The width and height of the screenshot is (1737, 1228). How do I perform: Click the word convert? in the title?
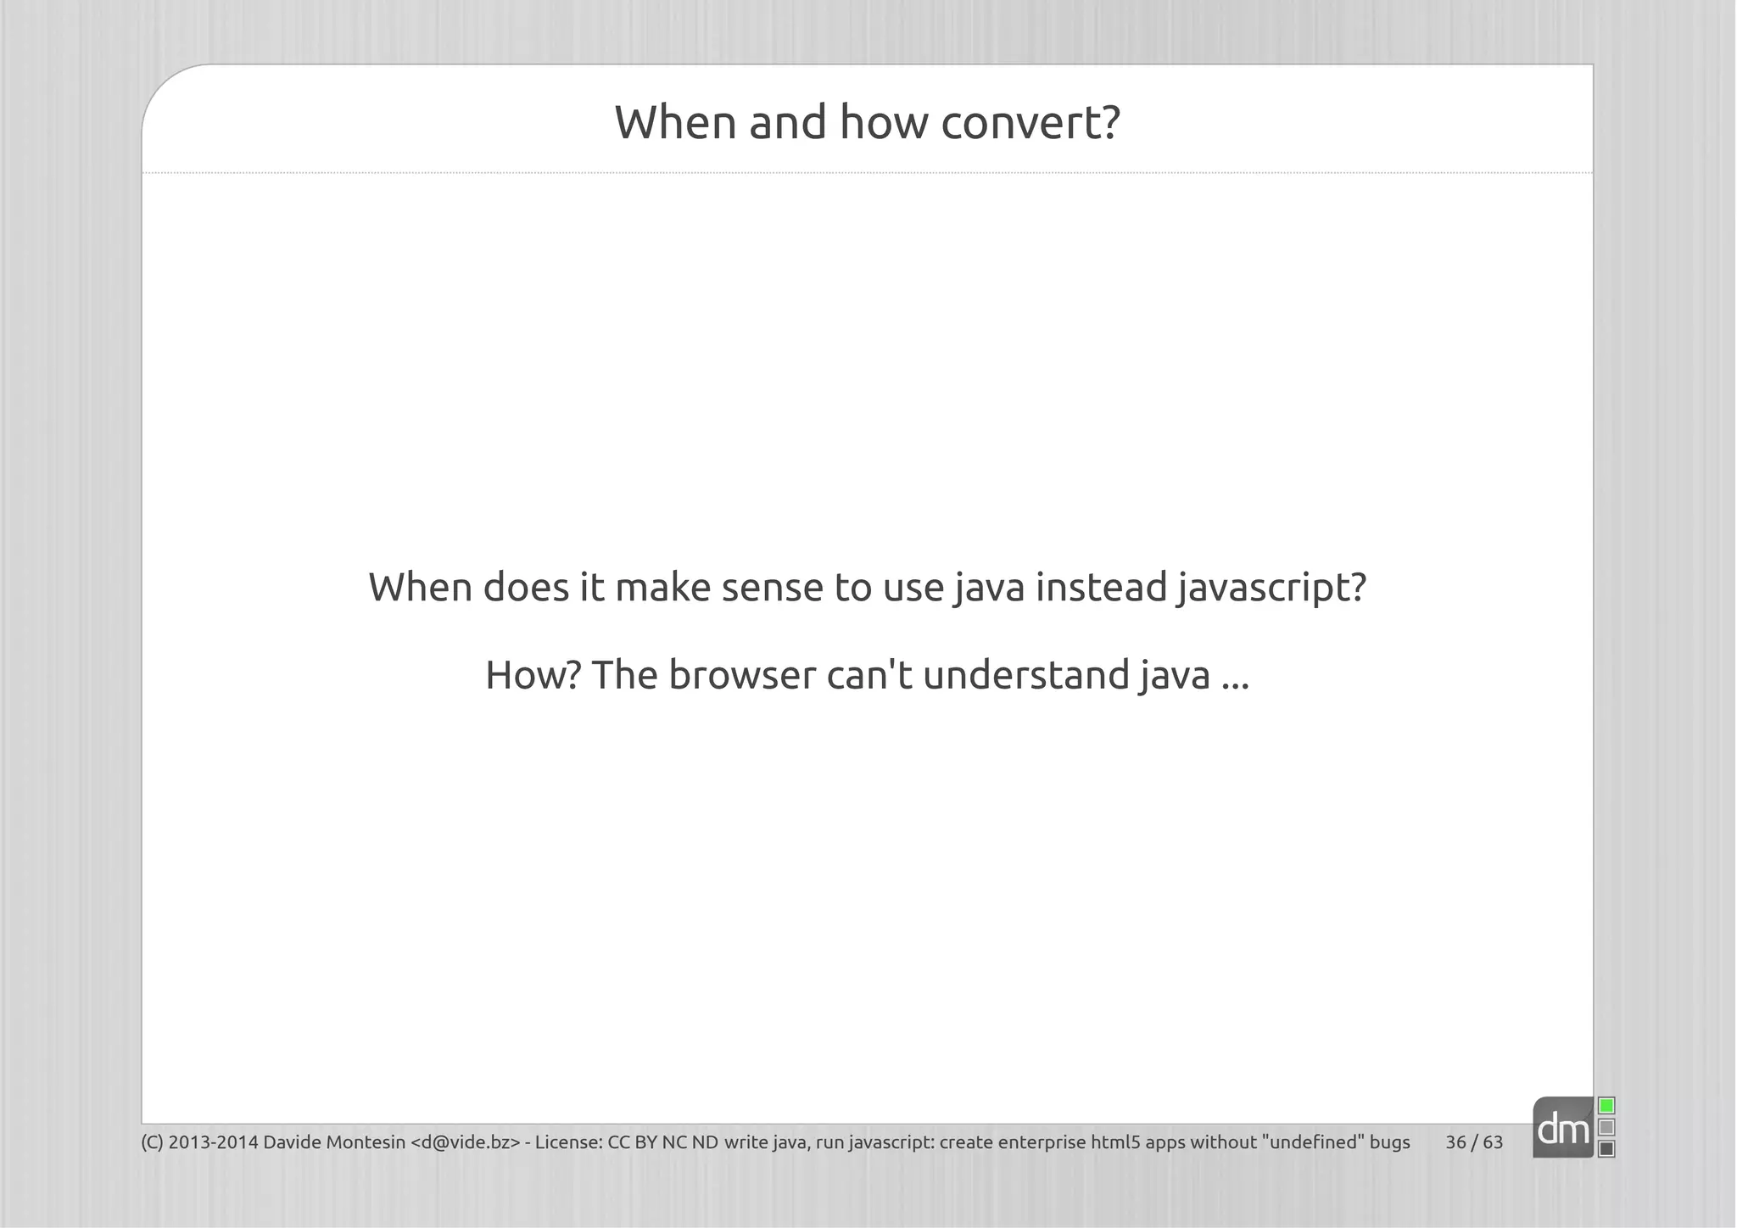coord(1030,123)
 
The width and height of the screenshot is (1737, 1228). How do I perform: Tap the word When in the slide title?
coord(675,123)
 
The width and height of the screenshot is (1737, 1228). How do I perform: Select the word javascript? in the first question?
coord(1271,588)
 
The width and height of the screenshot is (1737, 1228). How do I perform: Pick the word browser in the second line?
coord(741,675)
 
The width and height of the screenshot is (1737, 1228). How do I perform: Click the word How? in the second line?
coord(533,675)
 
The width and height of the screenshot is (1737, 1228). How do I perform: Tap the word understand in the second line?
coord(1026,675)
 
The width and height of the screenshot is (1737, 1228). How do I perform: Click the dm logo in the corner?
coord(1563,1129)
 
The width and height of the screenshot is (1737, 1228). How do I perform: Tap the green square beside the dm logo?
coord(1606,1106)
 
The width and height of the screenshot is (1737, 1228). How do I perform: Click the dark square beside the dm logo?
coord(1606,1149)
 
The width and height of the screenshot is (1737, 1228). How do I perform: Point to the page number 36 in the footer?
coord(1455,1142)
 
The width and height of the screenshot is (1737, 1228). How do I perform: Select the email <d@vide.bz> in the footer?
coord(465,1142)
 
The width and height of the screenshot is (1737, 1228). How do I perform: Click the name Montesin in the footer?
coord(366,1142)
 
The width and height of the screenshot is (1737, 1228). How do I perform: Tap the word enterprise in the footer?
coord(1042,1142)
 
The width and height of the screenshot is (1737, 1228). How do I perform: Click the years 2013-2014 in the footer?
coord(214,1142)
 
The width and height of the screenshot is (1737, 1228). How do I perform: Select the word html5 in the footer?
coord(1115,1142)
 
